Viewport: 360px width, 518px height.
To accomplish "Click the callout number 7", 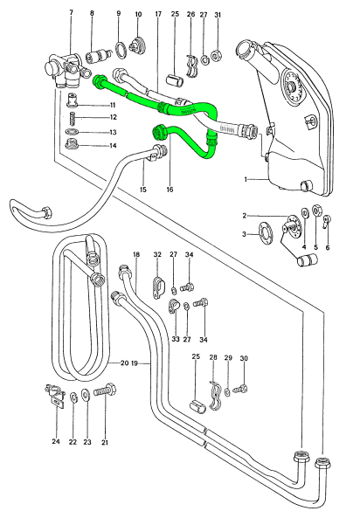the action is click(71, 12).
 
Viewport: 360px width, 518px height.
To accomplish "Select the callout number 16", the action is click(170, 190).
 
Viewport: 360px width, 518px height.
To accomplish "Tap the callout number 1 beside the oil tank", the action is click(246, 179).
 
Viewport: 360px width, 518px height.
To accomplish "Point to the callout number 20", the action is click(124, 363).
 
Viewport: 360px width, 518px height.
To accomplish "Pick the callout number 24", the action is click(56, 441).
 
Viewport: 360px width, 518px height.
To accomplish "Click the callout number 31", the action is click(218, 15).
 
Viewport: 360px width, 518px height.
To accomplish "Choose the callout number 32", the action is click(157, 254).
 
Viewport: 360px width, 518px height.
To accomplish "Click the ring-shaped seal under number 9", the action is click(121, 50).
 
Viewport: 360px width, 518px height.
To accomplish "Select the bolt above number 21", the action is click(105, 390).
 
